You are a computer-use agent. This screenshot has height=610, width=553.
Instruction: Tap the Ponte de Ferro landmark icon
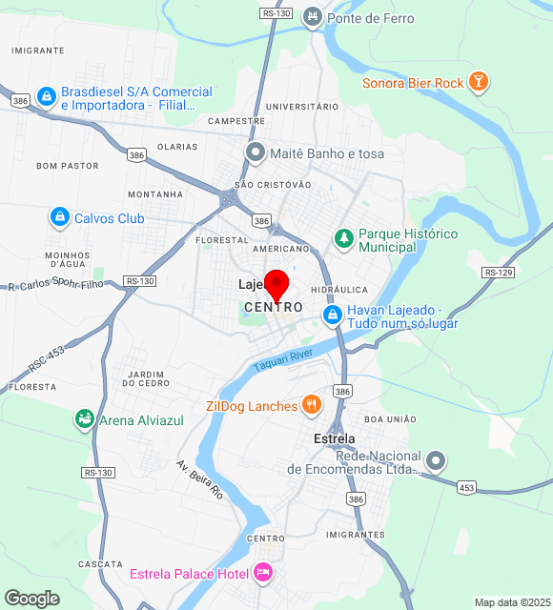tap(312, 17)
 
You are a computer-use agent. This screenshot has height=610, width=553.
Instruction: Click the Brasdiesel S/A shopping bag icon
tap(45, 97)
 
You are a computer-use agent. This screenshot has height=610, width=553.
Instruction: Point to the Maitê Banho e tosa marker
tap(255, 152)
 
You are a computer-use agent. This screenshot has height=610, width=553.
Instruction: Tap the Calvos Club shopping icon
tap(60, 218)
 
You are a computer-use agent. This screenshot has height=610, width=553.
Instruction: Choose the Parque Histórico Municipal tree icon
tap(343, 239)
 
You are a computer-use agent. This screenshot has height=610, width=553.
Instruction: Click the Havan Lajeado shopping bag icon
tap(332, 314)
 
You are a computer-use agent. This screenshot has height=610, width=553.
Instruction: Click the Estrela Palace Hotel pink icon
tap(263, 573)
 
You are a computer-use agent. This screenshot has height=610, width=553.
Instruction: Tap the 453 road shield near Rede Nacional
tap(466, 488)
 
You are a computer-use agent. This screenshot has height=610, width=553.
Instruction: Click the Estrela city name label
tap(335, 438)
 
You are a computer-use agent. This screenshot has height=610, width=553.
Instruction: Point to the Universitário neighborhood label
tap(302, 106)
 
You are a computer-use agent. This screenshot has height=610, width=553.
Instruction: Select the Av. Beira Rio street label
tap(198, 480)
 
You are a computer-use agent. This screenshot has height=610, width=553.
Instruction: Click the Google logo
tap(31, 599)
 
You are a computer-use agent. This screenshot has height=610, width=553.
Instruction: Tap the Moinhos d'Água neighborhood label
tap(67, 260)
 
